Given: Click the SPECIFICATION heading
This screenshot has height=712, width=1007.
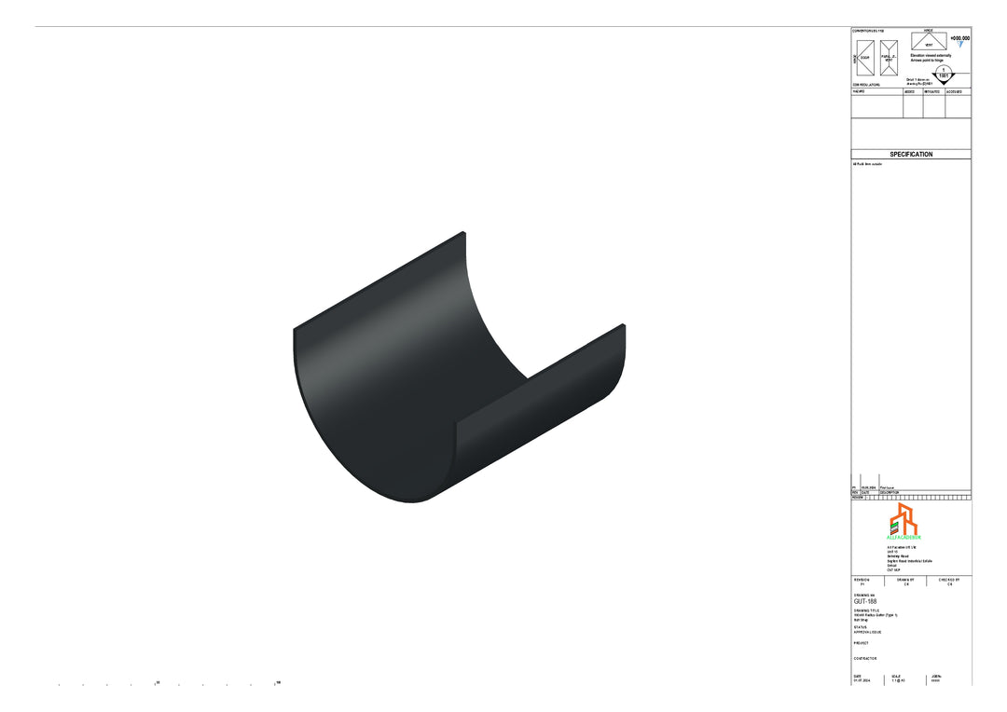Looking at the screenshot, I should (x=910, y=155).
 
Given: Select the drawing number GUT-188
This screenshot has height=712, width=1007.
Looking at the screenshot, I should (x=865, y=602).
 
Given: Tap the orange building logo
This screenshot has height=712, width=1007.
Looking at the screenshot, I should (x=903, y=518).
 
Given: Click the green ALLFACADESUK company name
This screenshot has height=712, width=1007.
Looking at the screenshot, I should (x=904, y=538).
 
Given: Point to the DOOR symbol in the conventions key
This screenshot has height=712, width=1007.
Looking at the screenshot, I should (x=864, y=58).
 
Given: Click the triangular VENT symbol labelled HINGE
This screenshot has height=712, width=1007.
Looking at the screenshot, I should (x=929, y=42).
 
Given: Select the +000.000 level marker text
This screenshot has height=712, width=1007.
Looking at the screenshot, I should (x=959, y=38).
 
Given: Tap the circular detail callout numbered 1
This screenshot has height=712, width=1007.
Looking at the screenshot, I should (x=944, y=74).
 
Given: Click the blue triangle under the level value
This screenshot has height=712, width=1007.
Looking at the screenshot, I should (x=960, y=45).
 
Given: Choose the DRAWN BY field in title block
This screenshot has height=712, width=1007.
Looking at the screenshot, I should (x=904, y=582).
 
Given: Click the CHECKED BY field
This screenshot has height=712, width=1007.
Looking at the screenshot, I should (x=949, y=582).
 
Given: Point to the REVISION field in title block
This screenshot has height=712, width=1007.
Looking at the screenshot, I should (x=862, y=582).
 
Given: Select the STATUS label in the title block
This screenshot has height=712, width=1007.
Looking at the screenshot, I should (x=860, y=627).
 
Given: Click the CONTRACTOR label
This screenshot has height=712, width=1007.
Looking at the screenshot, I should (x=864, y=659).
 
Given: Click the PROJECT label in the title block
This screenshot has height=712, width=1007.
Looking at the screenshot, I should (x=861, y=643).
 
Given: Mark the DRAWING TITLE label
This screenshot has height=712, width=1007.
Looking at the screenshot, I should (x=866, y=610).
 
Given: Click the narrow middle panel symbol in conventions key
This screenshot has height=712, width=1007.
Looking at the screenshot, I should (x=889, y=58).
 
